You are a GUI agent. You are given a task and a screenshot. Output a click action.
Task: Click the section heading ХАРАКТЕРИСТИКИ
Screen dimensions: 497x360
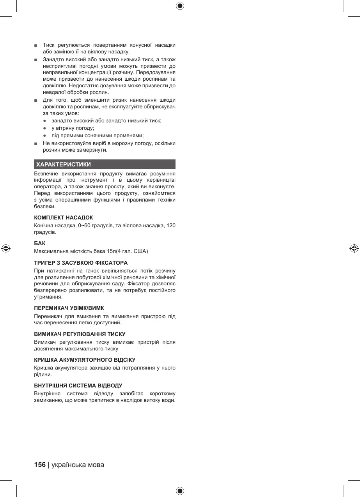pyautogui.click(x=64, y=164)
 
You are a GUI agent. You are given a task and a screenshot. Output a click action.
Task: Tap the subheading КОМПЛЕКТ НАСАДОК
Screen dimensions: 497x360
pyautogui.click(x=64, y=218)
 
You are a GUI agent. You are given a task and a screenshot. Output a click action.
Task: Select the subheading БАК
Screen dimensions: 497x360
pyautogui.click(x=40, y=244)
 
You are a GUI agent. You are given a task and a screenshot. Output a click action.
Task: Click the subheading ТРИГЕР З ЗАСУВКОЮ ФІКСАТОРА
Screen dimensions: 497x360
pyautogui.click(x=81, y=263)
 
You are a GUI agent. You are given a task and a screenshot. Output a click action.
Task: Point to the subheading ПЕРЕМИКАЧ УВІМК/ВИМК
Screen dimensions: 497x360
pyautogui.click(x=69, y=308)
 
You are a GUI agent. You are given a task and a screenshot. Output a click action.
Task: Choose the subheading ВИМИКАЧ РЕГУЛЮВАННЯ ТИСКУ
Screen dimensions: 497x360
pyautogui.click(x=80, y=334)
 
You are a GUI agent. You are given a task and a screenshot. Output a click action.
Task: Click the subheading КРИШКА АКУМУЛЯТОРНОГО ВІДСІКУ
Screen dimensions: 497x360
pyautogui.click(x=85, y=360)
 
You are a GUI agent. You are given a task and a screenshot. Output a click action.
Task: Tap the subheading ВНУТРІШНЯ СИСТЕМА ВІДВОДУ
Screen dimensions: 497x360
pyautogui.click(x=78, y=386)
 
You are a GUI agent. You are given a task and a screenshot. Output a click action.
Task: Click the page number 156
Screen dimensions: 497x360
pyautogui.click(x=40, y=465)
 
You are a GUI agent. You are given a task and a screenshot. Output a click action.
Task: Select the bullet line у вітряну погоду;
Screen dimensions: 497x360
pyautogui.click(x=73, y=128)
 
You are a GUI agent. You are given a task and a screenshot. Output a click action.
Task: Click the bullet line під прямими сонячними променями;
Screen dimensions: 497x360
pyautogui.click(x=98, y=135)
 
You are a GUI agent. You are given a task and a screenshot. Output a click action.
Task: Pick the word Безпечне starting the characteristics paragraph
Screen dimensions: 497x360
pyautogui.click(x=46, y=173)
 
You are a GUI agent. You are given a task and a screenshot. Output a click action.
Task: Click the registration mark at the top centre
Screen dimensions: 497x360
pyautogui.click(x=180, y=6)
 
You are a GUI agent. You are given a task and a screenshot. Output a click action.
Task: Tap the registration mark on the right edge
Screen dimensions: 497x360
pyautogui.click(x=354, y=248)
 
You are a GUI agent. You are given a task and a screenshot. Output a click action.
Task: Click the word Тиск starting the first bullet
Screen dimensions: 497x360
pyautogui.click(x=48, y=45)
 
